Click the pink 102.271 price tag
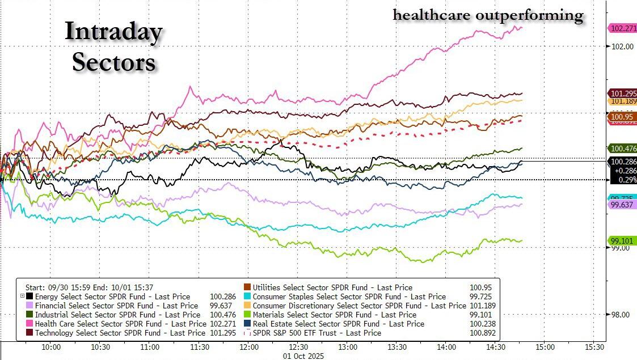pyautogui.click(x=623, y=28)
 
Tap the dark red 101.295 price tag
pyautogui.click(x=623, y=93)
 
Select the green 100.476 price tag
pyautogui.click(x=623, y=149)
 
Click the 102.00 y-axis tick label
pyautogui.click(x=622, y=46)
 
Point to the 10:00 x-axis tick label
pyautogui.click(x=51, y=346)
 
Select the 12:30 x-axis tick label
pyautogui.click(x=298, y=346)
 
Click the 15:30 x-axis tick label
pyautogui.click(x=594, y=346)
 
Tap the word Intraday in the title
pyautogui.click(x=113, y=32)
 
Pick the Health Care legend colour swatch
pyautogui.click(x=29, y=324)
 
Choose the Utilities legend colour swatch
pyautogui.click(x=247, y=287)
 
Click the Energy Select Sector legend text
pyautogui.click(x=112, y=297)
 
